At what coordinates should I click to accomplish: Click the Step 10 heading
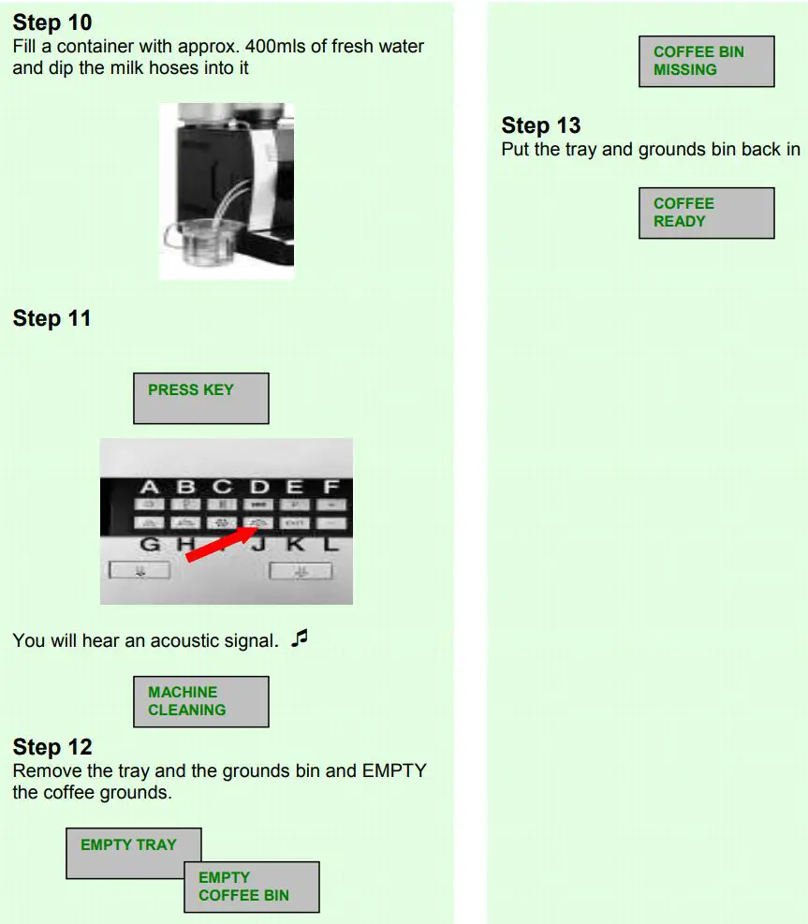pos(52,22)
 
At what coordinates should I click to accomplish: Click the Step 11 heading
pos(52,318)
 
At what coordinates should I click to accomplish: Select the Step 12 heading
pos(52,746)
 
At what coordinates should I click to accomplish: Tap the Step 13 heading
pos(541,125)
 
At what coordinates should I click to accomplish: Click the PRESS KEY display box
pos(200,398)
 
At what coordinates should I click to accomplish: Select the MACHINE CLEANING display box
pos(200,701)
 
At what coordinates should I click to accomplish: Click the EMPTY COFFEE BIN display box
pos(251,887)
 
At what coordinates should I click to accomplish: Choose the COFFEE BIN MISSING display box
pos(706,61)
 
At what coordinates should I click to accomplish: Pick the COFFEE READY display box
pos(706,213)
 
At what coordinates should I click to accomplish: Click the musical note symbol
pos(299,638)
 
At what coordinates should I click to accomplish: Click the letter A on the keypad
pos(150,487)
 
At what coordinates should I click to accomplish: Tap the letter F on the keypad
pos(331,487)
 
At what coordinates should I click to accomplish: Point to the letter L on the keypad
pos(331,544)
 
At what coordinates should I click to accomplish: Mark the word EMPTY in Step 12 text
pos(393,770)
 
